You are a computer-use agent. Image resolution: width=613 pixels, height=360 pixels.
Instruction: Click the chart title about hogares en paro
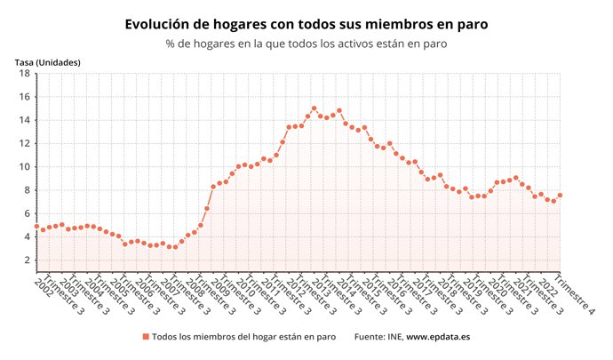[306, 24]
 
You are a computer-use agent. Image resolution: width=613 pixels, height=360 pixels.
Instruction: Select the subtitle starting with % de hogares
[306, 43]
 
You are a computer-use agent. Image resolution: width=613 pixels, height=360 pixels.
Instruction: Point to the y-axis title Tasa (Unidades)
[47, 62]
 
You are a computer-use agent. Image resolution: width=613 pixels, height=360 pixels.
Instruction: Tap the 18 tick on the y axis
[27, 74]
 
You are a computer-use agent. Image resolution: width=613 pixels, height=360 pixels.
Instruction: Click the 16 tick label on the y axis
[27, 97]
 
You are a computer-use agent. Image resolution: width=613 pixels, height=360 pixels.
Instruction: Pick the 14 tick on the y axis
[27, 120]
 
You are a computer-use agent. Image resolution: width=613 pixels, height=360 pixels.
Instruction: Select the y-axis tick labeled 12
[27, 143]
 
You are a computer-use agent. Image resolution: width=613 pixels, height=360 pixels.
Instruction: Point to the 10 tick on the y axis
[27, 167]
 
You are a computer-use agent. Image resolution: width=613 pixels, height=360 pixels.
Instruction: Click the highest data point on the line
[314, 108]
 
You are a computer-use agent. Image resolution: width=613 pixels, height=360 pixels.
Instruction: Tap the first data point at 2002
[36, 227]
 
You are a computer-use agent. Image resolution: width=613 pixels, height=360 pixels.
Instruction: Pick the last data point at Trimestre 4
[560, 196]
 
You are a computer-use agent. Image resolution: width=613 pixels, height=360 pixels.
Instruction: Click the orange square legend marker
[146, 337]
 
